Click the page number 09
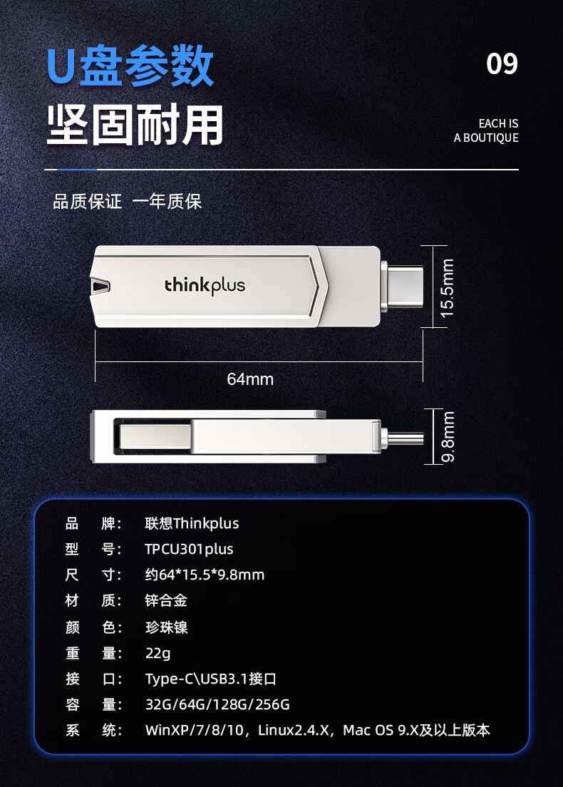502,63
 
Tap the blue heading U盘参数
130,66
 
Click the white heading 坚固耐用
135,125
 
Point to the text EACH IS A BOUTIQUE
486,130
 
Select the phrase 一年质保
167,202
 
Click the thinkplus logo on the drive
205,286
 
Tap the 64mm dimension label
250,379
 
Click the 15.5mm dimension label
447,288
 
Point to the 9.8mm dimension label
448,436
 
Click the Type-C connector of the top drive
403,287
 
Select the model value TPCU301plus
189,549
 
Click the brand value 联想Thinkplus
192,523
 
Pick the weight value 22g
158,654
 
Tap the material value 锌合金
166,601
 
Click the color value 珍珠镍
167,627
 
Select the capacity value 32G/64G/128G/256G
218,705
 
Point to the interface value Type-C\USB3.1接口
211,679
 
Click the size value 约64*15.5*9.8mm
205,575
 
